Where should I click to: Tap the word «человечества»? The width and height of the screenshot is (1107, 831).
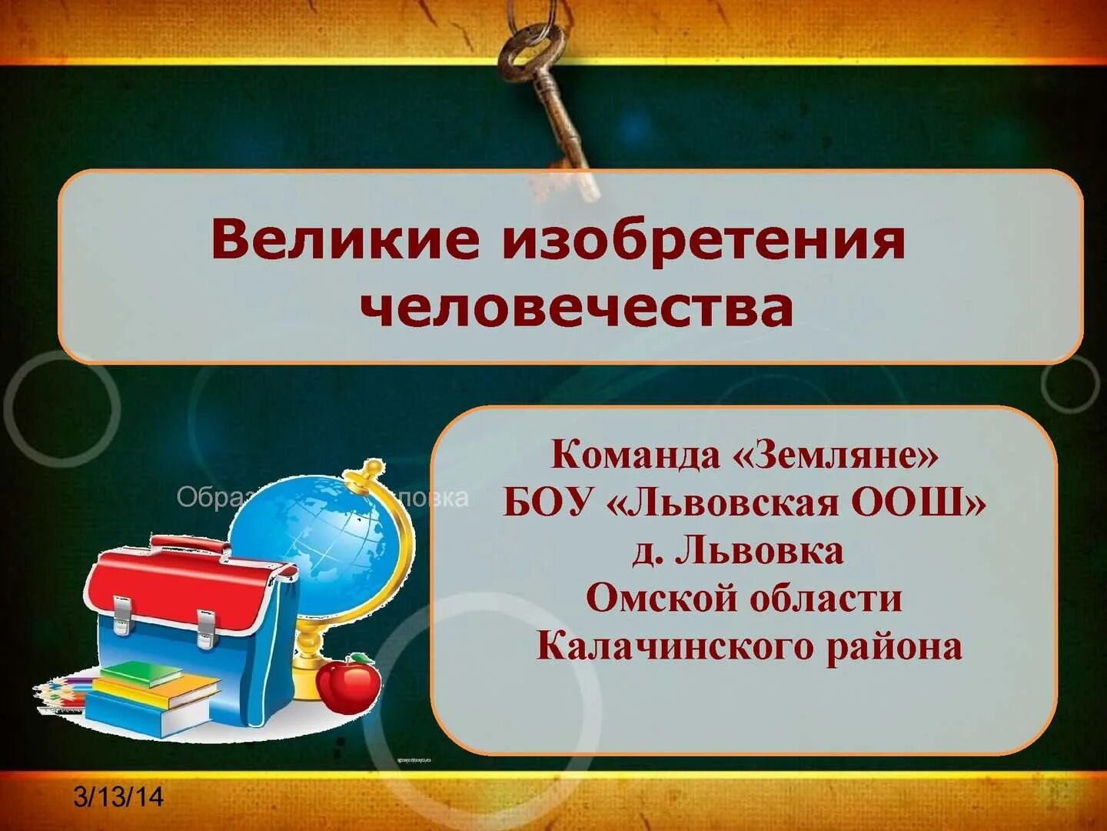click(577, 309)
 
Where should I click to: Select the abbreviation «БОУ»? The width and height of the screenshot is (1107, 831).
click(549, 503)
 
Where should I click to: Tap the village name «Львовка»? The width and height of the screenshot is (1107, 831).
click(759, 551)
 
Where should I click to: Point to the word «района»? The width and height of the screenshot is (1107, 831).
click(894, 646)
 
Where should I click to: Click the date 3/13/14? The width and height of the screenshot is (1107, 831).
click(118, 796)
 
